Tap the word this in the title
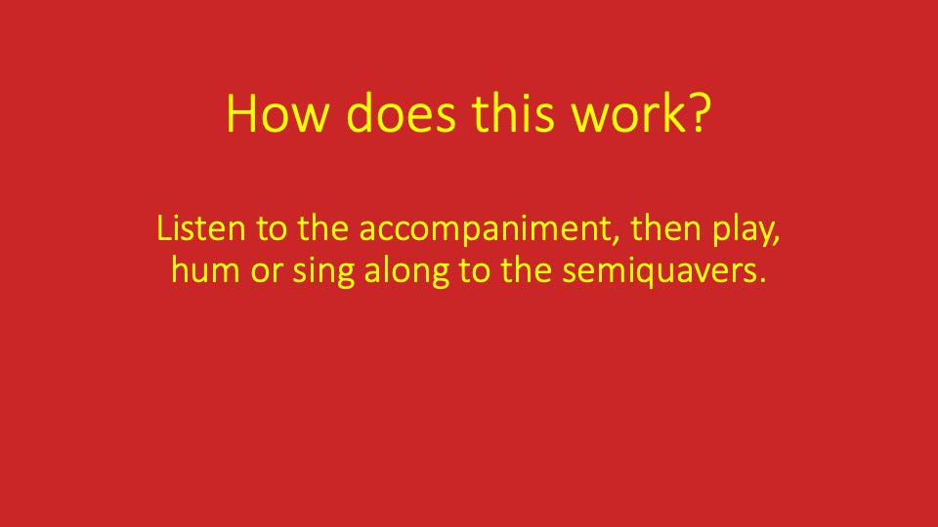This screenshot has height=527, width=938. coord(512,114)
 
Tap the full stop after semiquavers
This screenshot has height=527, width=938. coord(759,281)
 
